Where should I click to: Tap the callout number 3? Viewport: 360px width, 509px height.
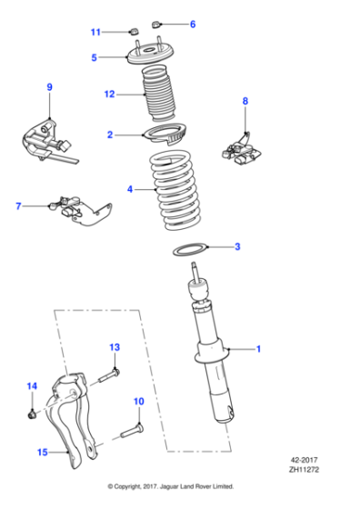[237, 246]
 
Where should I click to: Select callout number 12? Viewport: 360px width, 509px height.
[109, 93]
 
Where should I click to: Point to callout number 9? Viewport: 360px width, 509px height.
[49, 87]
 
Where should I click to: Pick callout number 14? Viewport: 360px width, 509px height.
[31, 387]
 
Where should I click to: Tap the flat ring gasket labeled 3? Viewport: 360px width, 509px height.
[188, 249]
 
